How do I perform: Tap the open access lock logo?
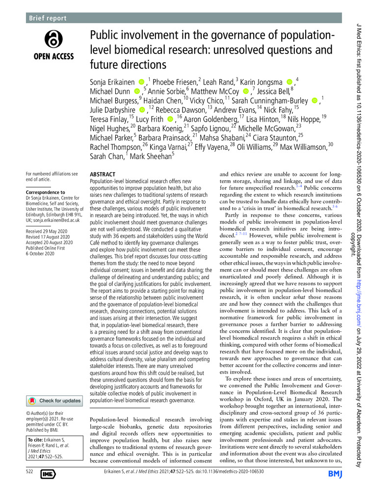53,40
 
